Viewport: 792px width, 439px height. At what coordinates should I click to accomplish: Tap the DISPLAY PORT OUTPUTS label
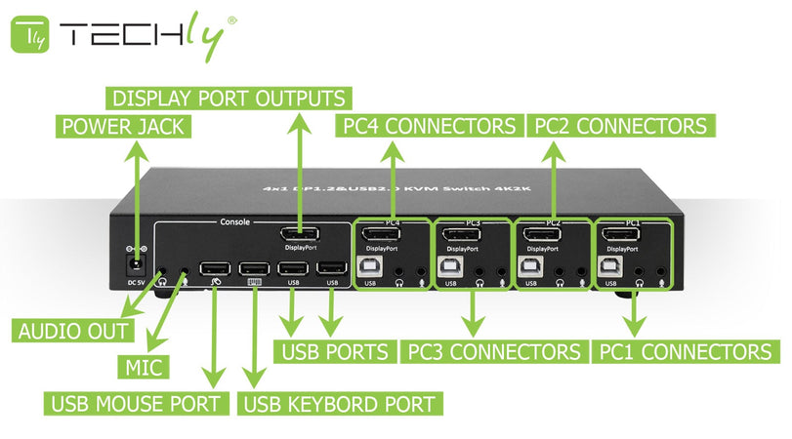pos(229,99)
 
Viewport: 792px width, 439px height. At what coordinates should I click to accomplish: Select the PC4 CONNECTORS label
pos(428,126)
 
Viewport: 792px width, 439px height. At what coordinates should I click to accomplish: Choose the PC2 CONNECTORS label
pos(618,126)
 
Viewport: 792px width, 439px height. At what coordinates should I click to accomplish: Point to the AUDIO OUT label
pos(74,330)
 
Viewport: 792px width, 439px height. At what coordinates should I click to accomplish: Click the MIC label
pos(143,367)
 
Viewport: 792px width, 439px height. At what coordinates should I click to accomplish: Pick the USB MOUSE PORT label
pos(137,403)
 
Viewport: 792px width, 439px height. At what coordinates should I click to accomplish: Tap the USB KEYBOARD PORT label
pos(339,403)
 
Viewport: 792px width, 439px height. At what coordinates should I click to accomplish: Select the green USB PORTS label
pos(336,351)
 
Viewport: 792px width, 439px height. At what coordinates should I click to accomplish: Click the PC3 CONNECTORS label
pos(493,351)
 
